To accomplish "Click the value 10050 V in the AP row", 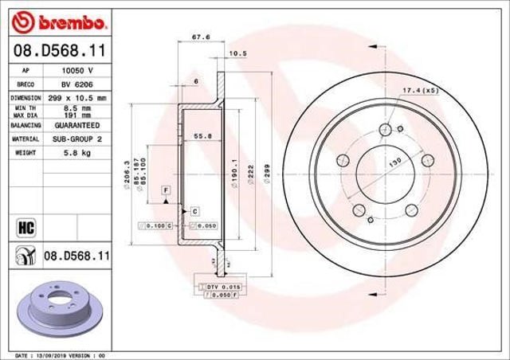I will (76, 71).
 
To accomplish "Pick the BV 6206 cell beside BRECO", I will (76, 84).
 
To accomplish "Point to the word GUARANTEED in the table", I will (76, 125).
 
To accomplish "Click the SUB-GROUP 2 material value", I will (76, 139).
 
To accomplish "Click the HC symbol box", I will (24, 227).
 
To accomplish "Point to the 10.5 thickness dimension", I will (237, 54).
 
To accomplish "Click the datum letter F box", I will (167, 190).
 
